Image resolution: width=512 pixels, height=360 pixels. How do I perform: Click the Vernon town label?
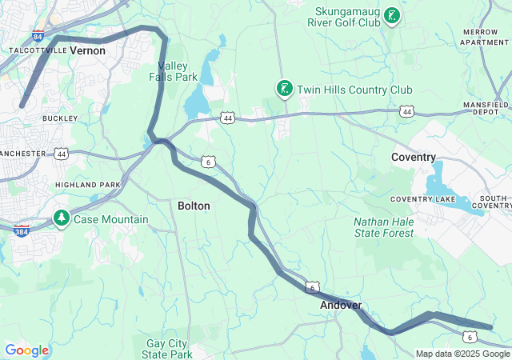coord(87,50)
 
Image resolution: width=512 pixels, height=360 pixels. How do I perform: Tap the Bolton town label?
coord(194,206)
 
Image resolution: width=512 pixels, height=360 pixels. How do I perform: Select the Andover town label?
coord(341,305)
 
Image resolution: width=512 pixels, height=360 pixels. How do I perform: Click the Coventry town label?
coord(414,158)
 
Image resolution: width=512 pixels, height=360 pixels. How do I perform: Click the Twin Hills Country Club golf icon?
coord(283,88)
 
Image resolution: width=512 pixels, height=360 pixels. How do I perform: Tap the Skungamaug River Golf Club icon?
coord(391,16)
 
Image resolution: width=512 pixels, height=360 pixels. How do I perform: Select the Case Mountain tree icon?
coord(62,218)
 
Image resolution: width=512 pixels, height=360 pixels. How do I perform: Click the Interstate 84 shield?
coord(38,35)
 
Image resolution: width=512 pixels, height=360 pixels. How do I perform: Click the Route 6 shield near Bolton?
coord(208,162)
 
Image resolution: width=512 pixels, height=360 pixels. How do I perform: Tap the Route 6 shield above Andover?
coord(312,286)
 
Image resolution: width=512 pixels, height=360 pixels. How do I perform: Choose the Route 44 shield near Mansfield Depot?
coord(406,112)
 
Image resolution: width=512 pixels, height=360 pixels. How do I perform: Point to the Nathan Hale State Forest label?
coord(384,227)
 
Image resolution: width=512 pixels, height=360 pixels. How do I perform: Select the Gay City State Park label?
coord(167,348)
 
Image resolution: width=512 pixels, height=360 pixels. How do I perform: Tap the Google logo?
coord(26,350)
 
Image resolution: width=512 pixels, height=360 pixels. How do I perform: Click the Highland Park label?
coord(87,185)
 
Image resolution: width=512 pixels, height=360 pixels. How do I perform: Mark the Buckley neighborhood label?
coord(60,118)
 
